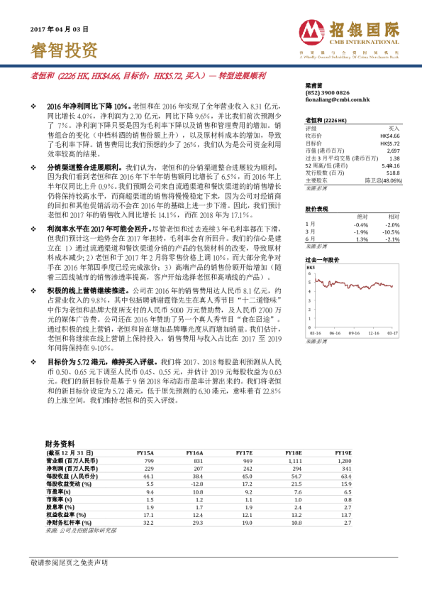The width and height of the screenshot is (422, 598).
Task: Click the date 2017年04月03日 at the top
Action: [60, 30]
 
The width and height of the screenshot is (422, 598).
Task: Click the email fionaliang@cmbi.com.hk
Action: [333, 100]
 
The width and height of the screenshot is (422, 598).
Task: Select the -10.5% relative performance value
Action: [392, 232]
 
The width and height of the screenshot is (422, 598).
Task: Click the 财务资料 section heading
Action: [59, 442]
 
